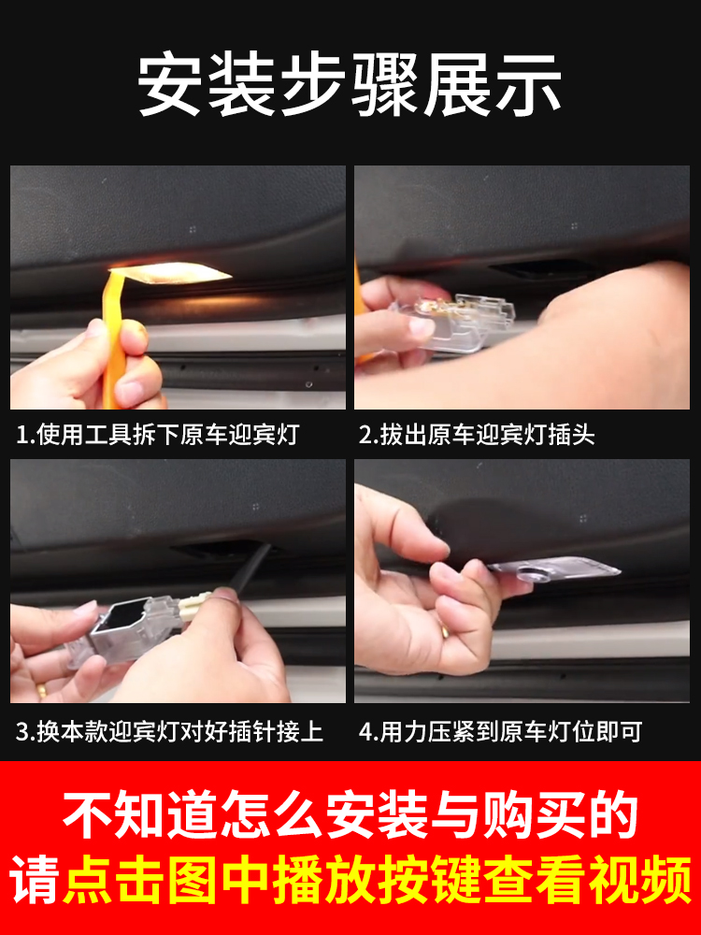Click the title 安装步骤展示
click(x=350, y=85)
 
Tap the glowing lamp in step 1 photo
click(x=183, y=274)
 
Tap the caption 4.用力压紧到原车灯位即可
click(x=500, y=731)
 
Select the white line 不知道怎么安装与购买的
click(x=350, y=815)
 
